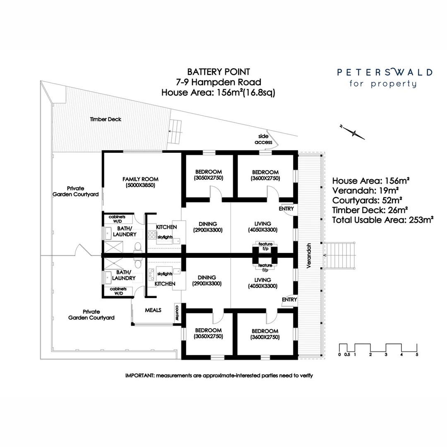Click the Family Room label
[x=140, y=179]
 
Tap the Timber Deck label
[x=106, y=119]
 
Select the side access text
[x=263, y=139]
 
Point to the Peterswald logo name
[x=385, y=72]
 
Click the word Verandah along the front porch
[x=309, y=256]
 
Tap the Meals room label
[x=153, y=310]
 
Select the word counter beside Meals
[x=177, y=313]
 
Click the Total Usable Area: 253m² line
[x=383, y=220]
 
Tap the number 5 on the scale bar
[x=417, y=355]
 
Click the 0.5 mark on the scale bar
[x=347, y=355]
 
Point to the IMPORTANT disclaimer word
[x=139, y=376]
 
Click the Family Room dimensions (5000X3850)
[x=140, y=186]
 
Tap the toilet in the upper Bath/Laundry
[x=138, y=248]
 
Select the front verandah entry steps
[x=339, y=255]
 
